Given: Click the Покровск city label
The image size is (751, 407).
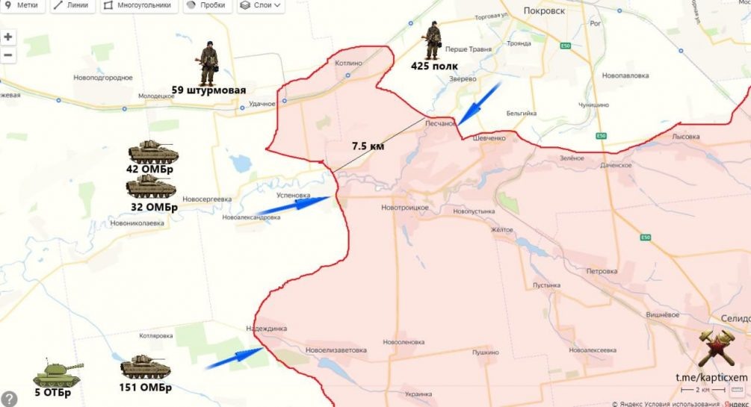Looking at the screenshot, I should (x=544, y=11).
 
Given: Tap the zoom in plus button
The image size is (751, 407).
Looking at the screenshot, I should (x=8, y=37).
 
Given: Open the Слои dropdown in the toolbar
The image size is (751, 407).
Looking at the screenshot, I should (x=260, y=5).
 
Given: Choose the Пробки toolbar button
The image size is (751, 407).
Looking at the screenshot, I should (x=206, y=5).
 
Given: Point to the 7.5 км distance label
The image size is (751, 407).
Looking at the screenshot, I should (x=368, y=146).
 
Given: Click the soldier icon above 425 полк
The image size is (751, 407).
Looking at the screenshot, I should (x=432, y=40).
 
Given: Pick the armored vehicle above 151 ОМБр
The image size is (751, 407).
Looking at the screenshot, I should (x=146, y=367).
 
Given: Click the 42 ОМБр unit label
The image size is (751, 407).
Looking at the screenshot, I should (x=149, y=169).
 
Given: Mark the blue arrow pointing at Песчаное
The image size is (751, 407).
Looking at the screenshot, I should (x=478, y=103).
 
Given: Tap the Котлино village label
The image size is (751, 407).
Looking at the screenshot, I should (x=347, y=63).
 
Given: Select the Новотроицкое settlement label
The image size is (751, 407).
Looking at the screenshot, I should (x=404, y=207).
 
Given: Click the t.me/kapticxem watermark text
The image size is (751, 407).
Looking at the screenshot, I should (x=711, y=378).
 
